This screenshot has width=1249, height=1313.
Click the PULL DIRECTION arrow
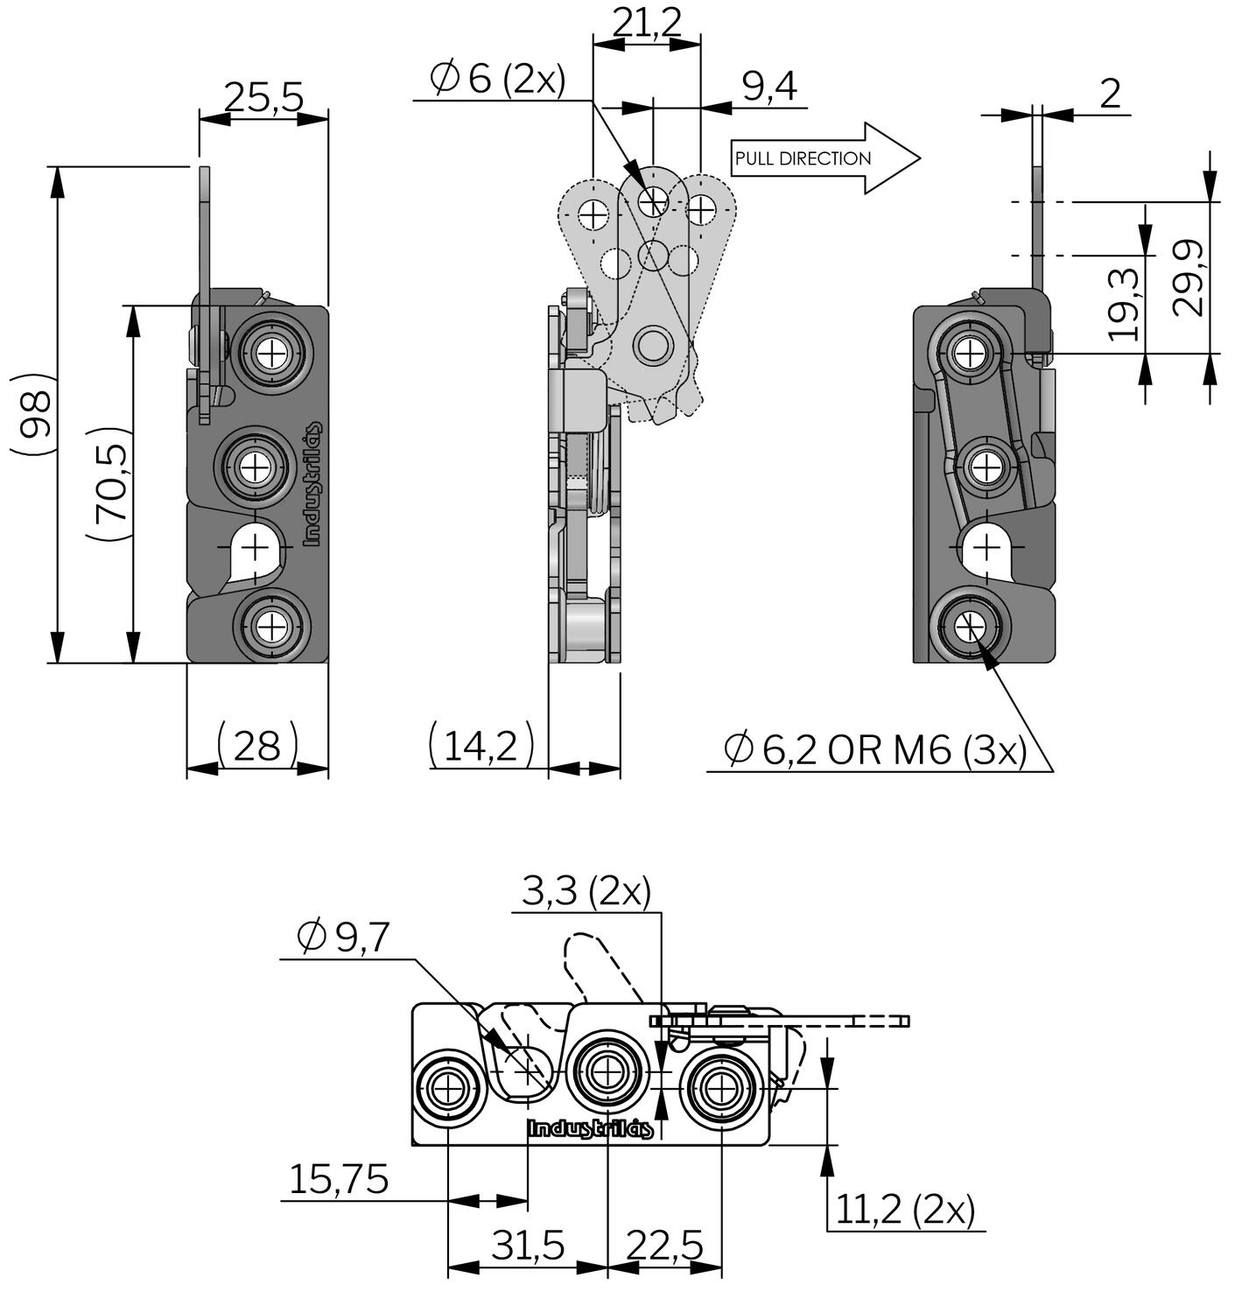point(823,158)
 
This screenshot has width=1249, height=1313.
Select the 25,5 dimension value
point(263,97)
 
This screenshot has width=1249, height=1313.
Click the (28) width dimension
point(257,746)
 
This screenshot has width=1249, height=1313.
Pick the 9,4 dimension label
point(769,87)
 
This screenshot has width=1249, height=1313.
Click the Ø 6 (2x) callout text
point(498,79)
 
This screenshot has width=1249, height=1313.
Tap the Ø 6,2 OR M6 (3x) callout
point(875,750)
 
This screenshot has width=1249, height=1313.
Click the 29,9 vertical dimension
point(1188,277)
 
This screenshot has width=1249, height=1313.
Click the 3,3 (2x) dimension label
point(586,892)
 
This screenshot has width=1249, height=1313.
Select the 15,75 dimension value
point(339,1180)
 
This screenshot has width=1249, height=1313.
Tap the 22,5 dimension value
point(664,1246)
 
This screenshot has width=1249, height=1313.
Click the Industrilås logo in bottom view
point(590,1129)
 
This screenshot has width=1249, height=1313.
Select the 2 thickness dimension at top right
point(1109,94)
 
